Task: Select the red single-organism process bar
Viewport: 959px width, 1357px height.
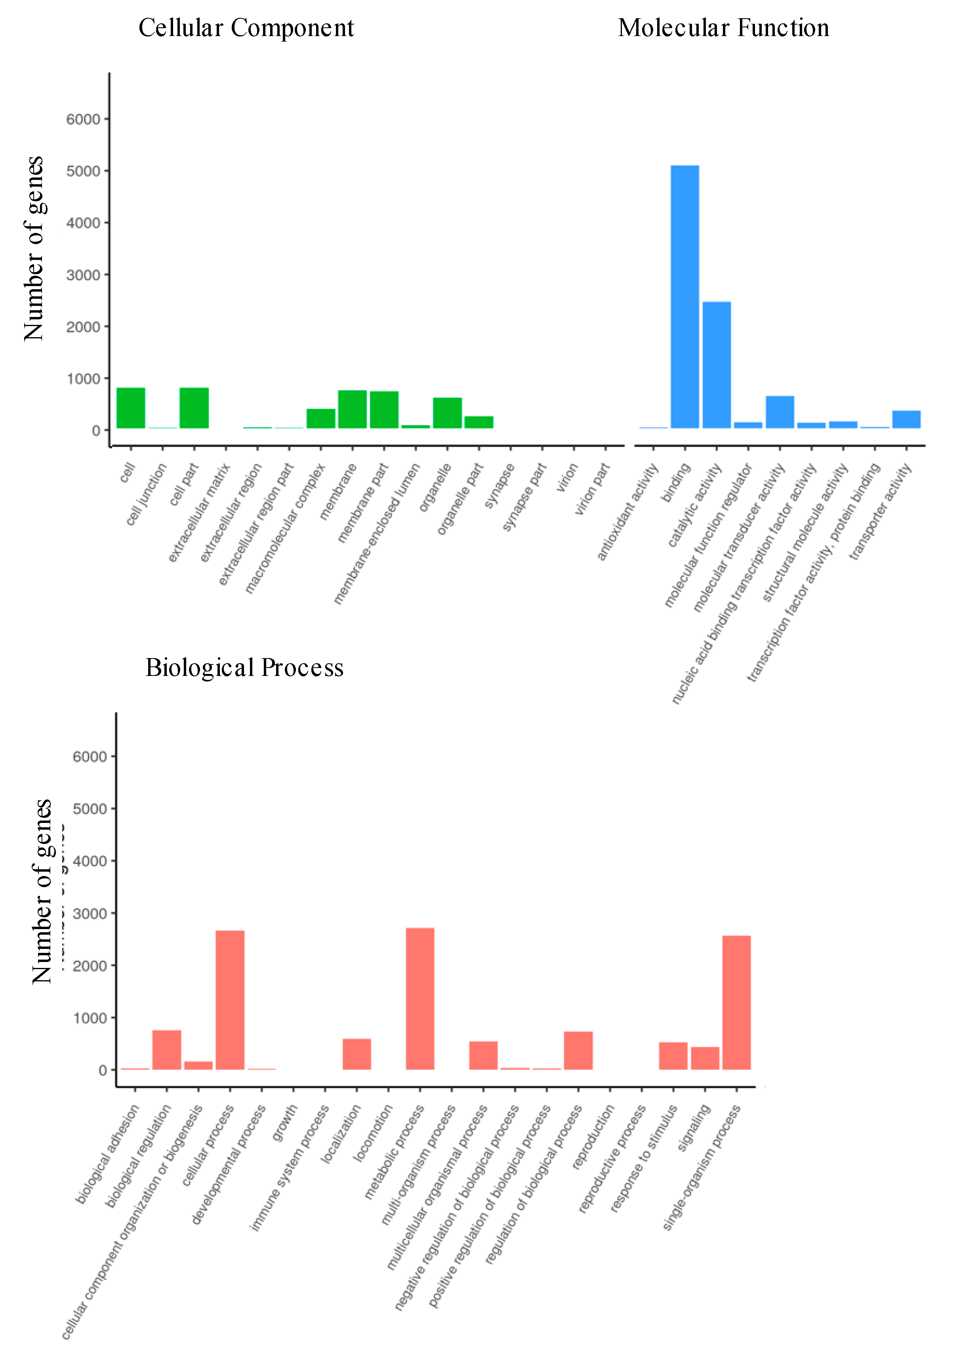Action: [736, 1002]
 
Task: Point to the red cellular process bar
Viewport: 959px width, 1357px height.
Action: [230, 1000]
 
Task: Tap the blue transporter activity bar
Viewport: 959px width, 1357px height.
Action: [906, 419]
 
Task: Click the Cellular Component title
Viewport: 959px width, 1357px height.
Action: [246, 28]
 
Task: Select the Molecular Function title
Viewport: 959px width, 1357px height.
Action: [723, 28]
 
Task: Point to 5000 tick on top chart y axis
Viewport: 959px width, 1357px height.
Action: [83, 171]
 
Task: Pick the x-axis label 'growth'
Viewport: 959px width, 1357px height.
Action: [284, 1123]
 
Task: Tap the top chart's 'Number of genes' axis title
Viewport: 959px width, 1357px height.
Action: [34, 248]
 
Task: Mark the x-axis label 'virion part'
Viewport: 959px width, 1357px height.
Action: [592, 489]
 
